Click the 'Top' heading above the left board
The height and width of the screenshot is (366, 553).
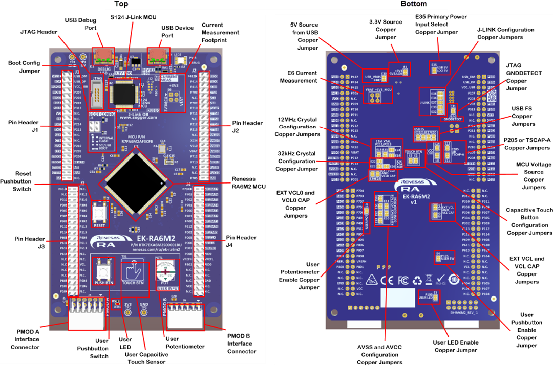tap(121, 5)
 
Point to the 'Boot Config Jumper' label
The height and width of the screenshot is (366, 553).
tap(24, 66)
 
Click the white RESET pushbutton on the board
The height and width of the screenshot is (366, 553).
tap(100, 211)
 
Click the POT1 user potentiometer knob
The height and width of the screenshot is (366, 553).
tap(165, 271)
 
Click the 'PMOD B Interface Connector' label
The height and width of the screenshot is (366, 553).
tap(242, 344)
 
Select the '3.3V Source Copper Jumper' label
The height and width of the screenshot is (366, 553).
tap(385, 29)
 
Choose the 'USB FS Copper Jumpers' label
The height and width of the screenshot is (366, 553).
tap(522, 116)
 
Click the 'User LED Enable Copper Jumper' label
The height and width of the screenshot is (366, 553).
tap(455, 346)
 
